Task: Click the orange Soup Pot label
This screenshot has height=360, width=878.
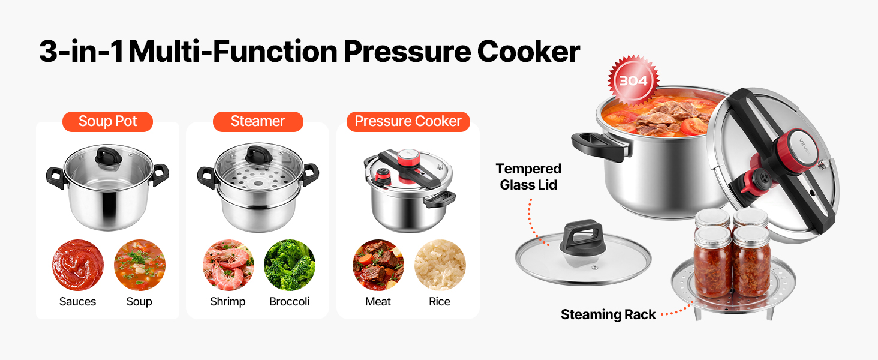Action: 107,122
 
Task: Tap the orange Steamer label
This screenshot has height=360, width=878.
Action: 258,122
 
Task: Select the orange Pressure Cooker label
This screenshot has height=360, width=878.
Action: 408,122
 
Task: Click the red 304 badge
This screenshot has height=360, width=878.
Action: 633,80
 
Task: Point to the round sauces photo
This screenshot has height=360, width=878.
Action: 77,265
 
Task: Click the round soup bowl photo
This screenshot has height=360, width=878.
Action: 140,265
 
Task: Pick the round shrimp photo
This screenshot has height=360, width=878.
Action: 228,265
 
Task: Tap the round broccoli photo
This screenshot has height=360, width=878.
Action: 290,265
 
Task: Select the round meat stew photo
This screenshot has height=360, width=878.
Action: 378,265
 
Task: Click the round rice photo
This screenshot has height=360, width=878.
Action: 440,265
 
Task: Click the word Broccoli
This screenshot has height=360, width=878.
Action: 289,302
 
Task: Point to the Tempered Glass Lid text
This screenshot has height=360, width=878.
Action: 528,176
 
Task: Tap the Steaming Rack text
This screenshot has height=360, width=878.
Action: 608,314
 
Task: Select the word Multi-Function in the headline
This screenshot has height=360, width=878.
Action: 233,52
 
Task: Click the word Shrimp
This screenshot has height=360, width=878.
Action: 228,302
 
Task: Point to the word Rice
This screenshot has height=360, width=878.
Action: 440,302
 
